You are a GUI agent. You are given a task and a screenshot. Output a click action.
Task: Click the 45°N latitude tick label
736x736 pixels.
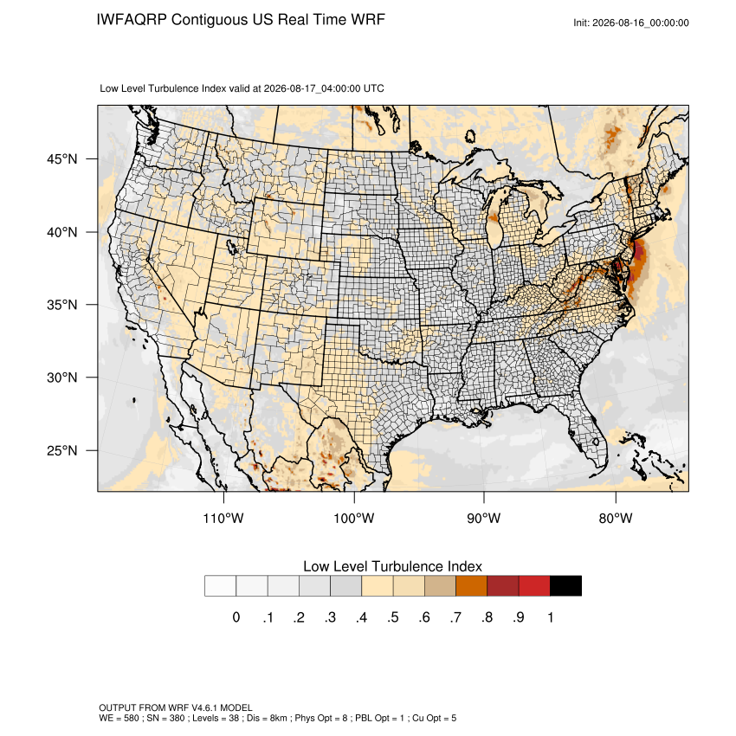click(x=62, y=159)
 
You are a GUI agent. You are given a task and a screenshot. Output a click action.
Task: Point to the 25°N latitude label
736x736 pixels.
click(x=62, y=450)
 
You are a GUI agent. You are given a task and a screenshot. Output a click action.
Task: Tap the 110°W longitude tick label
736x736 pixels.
click(x=223, y=518)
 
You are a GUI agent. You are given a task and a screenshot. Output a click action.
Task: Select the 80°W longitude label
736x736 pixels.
click(x=616, y=518)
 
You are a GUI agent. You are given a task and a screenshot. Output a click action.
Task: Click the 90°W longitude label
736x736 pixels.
click(x=483, y=518)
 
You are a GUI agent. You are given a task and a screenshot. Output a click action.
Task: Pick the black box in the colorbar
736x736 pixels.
click(x=565, y=586)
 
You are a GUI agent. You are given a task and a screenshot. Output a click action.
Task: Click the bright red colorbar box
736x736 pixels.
click(x=534, y=586)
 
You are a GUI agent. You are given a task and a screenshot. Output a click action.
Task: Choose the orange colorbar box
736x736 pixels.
click(x=471, y=586)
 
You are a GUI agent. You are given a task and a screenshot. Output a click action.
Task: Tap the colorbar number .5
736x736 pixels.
click(x=393, y=617)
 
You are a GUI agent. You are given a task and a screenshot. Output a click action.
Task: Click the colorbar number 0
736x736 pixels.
click(x=236, y=617)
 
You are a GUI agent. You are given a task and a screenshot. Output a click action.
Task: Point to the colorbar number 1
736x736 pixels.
click(x=551, y=617)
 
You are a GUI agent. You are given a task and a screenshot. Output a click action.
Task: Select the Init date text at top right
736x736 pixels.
click(x=631, y=23)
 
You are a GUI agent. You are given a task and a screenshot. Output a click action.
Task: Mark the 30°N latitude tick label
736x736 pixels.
click(x=62, y=378)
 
